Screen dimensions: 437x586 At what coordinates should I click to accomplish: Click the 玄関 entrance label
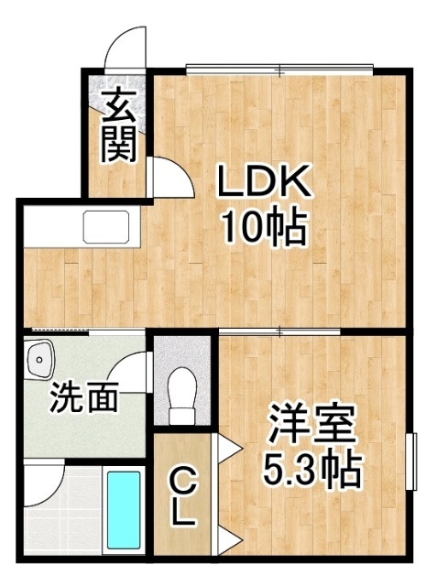(118, 125)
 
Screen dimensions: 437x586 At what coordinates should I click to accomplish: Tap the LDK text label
(264, 180)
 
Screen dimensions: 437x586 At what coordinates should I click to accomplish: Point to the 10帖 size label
(264, 227)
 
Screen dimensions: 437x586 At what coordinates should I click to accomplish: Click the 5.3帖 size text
(312, 470)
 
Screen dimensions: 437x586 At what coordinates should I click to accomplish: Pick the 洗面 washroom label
(84, 396)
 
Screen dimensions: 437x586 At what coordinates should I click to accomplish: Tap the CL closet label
(182, 497)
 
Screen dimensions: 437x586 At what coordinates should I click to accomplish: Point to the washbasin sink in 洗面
(39, 360)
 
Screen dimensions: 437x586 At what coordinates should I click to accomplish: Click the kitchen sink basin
(106, 226)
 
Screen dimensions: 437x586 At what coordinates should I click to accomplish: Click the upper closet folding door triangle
(226, 447)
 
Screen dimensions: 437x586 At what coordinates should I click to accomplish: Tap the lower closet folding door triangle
(226, 539)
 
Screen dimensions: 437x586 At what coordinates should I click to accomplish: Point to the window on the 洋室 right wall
(411, 461)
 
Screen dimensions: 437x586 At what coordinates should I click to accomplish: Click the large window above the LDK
(280, 70)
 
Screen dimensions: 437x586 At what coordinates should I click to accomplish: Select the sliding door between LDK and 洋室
(279, 331)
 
